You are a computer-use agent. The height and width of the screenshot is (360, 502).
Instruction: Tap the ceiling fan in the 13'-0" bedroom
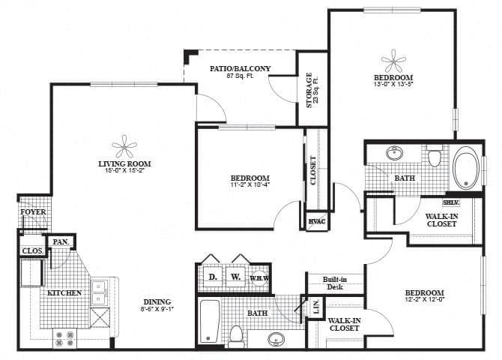[393, 60]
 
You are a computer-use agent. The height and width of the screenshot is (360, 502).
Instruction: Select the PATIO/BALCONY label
[240, 68]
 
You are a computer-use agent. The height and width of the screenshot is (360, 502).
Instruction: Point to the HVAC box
[315, 222]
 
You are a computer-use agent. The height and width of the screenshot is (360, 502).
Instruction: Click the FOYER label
[31, 212]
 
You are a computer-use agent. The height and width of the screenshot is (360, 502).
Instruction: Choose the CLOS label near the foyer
[31, 251]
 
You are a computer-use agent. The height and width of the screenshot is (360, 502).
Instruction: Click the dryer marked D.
[212, 277]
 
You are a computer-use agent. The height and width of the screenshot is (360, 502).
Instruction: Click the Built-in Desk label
[333, 283]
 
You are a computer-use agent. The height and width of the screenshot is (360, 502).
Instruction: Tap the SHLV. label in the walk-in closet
[451, 202]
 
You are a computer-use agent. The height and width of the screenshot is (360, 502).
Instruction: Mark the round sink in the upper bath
[394, 154]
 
